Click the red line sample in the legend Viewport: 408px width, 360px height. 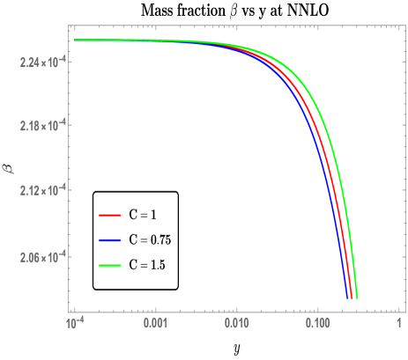tap(108, 214)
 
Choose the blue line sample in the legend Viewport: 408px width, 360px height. tap(108, 238)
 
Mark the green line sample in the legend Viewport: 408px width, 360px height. tap(108, 262)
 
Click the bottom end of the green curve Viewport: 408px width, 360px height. tap(356, 298)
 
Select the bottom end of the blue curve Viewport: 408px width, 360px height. tap(346, 298)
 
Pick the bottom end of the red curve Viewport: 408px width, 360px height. tap(351, 298)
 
